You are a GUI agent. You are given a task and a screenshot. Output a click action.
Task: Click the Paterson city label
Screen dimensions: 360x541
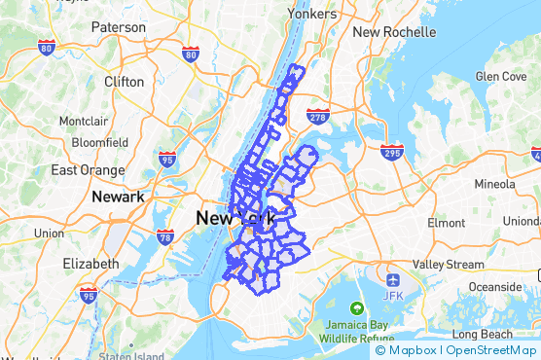tap(119, 27)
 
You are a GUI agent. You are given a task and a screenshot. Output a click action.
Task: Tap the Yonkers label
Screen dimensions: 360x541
tap(312, 15)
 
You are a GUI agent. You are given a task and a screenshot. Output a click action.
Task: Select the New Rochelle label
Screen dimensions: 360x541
tap(394, 31)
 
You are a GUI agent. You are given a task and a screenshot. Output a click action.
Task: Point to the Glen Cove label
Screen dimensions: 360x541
tap(500, 76)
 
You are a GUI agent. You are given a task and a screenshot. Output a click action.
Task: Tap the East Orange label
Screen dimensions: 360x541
tap(89, 170)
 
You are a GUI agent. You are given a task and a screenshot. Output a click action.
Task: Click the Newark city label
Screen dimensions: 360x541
tap(117, 197)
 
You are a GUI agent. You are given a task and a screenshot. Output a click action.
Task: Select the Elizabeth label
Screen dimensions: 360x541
tap(90, 264)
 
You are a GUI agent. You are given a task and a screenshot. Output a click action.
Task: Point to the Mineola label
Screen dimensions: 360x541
tap(494, 184)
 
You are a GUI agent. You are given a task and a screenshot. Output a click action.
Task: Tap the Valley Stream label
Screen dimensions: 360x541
tap(448, 264)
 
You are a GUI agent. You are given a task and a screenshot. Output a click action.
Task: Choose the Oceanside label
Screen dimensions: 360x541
tap(494, 287)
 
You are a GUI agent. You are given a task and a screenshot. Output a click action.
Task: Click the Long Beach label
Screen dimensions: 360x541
tap(505, 334)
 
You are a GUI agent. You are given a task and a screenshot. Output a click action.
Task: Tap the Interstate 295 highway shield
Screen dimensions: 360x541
tap(392, 152)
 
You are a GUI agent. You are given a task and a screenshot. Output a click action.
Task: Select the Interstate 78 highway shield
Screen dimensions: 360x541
tap(164, 235)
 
